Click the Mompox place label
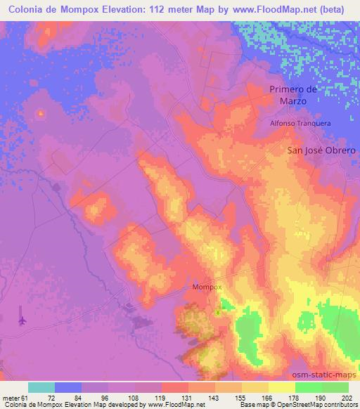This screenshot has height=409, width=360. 207,287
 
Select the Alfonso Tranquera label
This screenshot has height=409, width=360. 300,122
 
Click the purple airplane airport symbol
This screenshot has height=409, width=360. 22,320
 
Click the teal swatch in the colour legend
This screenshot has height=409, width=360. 41,387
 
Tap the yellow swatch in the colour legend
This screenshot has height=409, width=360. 282,387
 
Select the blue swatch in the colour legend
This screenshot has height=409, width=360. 68,387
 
